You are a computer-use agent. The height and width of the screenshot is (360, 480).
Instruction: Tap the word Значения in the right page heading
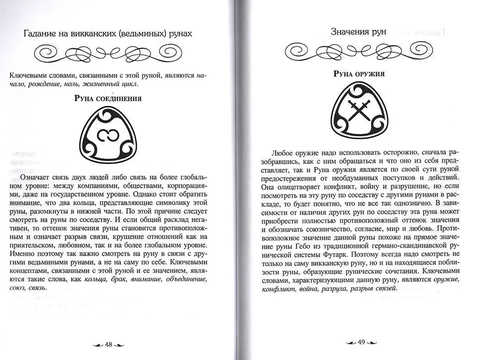[x=350, y=32]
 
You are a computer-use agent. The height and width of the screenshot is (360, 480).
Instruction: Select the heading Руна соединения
[x=108, y=99]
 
